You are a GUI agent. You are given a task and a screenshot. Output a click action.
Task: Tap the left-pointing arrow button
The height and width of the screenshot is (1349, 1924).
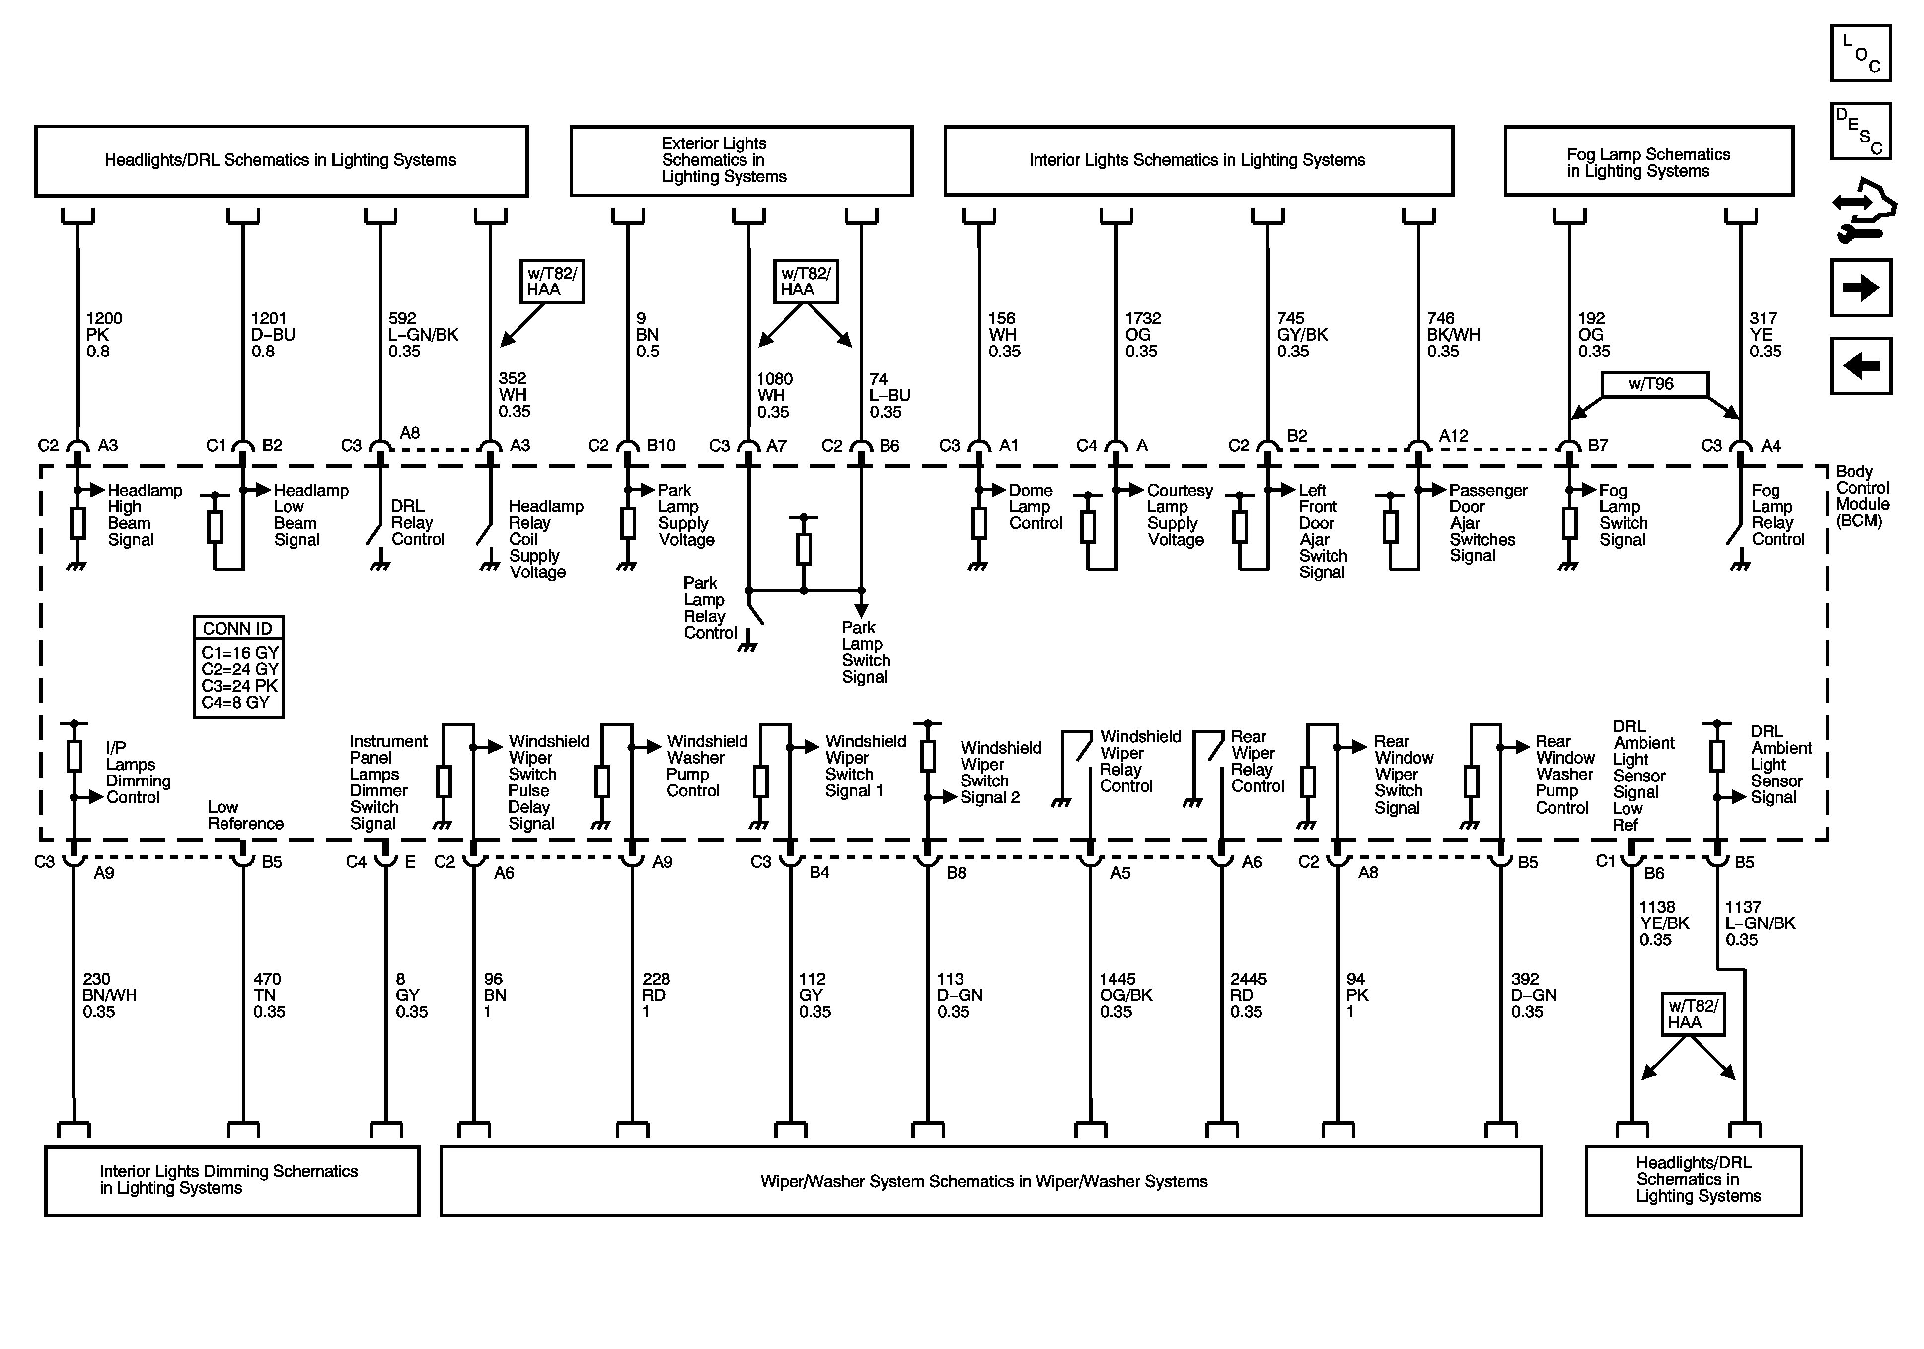click(1860, 366)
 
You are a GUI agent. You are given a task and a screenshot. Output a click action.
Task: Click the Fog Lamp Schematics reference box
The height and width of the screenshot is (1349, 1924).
click(1648, 162)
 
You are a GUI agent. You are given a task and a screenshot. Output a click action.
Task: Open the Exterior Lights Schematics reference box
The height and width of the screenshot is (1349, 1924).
click(741, 161)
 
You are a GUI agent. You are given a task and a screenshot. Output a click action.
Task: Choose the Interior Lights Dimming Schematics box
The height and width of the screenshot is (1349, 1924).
click(231, 1181)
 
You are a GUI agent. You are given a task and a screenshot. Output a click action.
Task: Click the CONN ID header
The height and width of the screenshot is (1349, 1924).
click(238, 629)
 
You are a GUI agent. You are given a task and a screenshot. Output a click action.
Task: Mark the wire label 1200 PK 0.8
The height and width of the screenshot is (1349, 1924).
click(104, 334)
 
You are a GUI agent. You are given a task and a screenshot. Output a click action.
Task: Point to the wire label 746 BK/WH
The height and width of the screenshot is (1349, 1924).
click(1453, 334)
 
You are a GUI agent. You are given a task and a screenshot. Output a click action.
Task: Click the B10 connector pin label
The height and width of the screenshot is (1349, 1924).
click(661, 446)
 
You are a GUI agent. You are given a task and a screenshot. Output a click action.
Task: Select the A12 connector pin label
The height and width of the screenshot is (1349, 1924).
click(1453, 436)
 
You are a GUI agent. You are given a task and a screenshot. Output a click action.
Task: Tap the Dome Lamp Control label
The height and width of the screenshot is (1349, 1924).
click(1035, 506)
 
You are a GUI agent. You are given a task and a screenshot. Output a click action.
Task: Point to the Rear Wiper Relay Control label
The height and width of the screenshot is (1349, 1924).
click(1257, 761)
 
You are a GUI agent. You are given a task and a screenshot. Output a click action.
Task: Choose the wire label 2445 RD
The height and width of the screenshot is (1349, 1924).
click(1248, 995)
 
